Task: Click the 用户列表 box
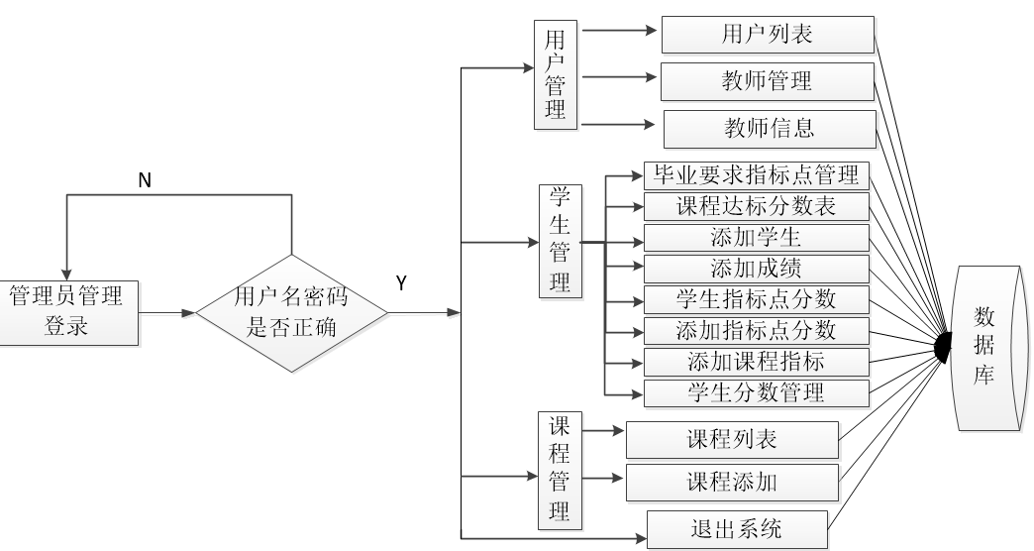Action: [x=768, y=36]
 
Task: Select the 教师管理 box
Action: [x=768, y=81]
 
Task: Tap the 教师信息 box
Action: [x=770, y=128]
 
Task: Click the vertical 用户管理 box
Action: [x=555, y=76]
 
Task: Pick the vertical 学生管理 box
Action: [x=561, y=240]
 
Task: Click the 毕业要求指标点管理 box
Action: [x=757, y=175]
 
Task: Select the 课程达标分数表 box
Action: [x=757, y=206]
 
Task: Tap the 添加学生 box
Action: [x=757, y=238]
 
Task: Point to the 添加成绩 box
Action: [x=757, y=269]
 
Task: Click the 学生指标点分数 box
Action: [x=757, y=299]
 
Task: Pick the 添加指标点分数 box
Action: [x=757, y=330]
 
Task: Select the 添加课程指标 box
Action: [x=757, y=361]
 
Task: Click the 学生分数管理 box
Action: [x=757, y=392]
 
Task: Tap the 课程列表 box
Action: [x=732, y=440]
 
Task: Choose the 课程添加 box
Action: [x=732, y=484]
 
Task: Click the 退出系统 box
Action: [x=736, y=529]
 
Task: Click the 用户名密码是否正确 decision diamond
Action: [x=292, y=313]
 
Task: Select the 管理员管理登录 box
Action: [x=66, y=311]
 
